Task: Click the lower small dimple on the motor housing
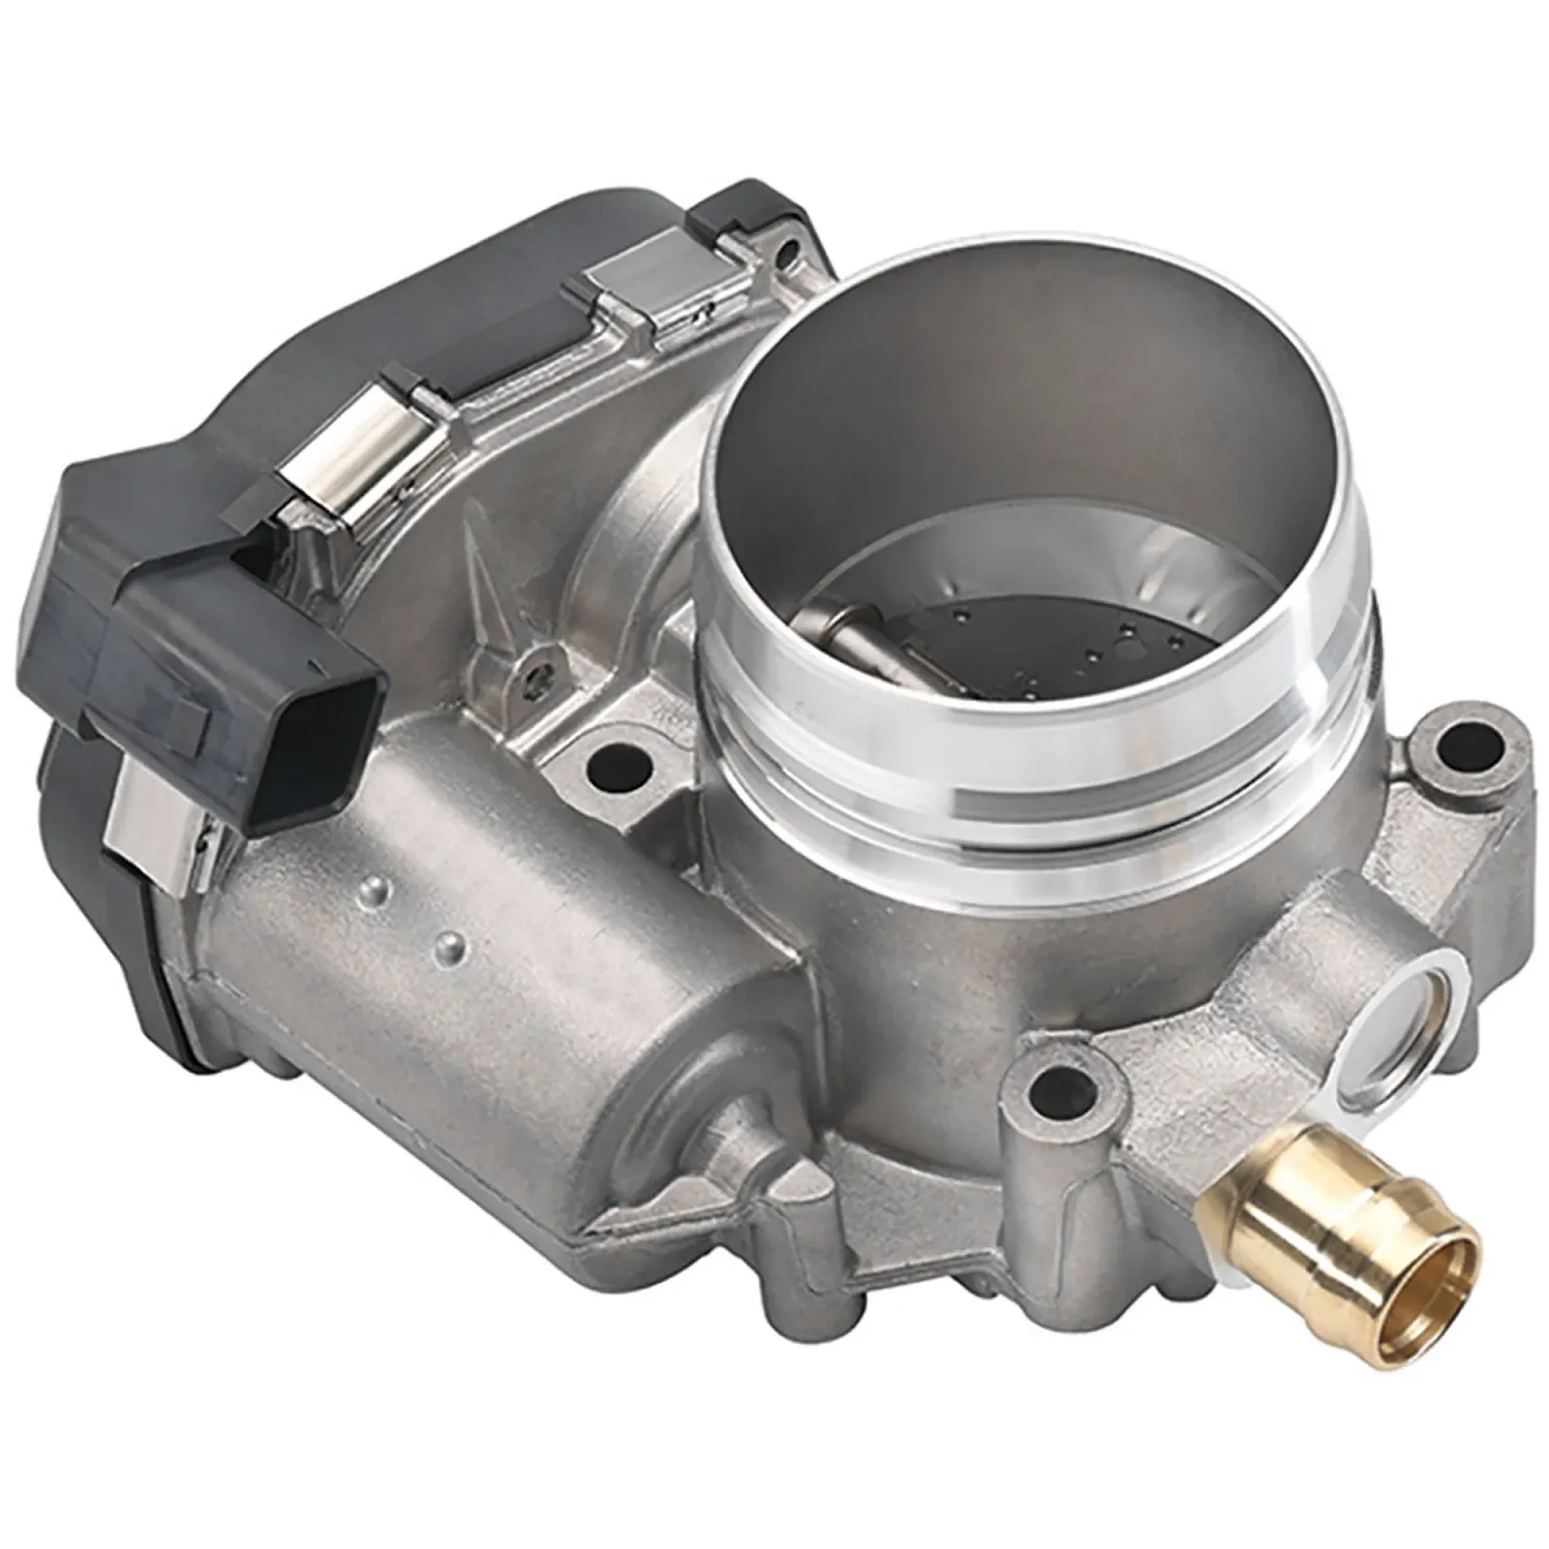tap(448, 945)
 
